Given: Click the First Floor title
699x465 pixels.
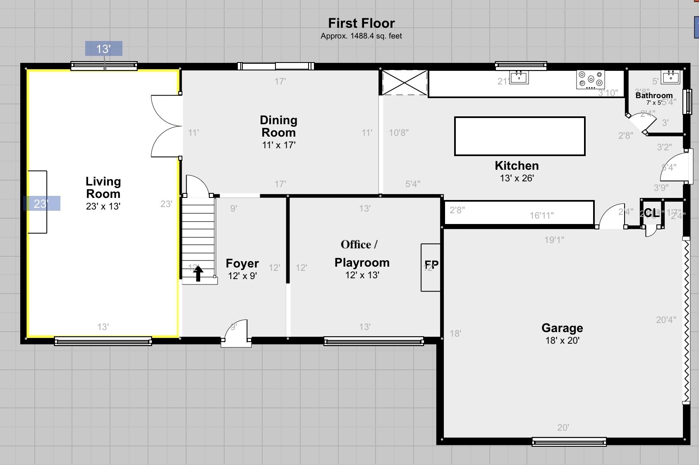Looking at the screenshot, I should (361, 23).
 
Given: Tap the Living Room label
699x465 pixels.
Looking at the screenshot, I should (103, 188).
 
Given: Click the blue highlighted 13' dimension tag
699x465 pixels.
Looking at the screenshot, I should (103, 49).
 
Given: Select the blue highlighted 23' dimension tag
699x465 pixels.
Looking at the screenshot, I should (41, 203).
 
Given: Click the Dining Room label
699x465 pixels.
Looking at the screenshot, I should (278, 126).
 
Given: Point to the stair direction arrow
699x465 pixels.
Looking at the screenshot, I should (198, 273).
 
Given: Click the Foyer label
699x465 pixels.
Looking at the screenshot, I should (242, 263).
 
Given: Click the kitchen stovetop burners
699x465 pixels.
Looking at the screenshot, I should (590, 80).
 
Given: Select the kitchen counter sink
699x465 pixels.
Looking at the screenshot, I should (519, 77).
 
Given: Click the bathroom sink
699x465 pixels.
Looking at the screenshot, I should (670, 77).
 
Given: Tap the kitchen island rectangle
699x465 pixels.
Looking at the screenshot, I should (519, 136).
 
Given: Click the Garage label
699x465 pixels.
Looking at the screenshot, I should (562, 328).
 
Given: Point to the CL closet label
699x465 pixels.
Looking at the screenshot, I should (651, 213).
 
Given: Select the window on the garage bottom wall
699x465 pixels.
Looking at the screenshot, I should (569, 442).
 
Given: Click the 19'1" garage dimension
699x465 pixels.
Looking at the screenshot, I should (554, 240).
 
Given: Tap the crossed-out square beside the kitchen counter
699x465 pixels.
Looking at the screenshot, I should (404, 82).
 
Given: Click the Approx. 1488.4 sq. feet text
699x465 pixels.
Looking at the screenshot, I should (361, 36).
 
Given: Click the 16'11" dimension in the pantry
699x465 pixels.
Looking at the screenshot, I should (541, 215).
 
